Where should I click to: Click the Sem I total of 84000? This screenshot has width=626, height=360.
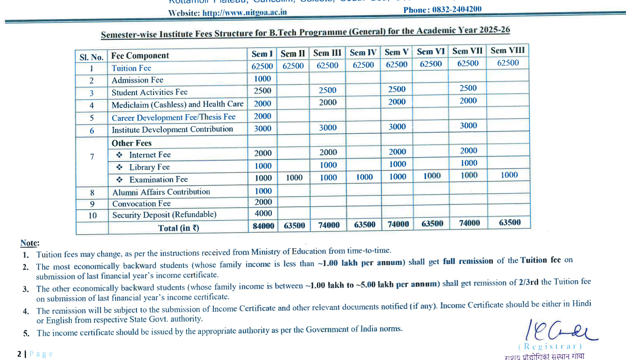pyautogui.click(x=263, y=226)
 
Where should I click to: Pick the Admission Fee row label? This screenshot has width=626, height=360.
pyautogui.click(x=137, y=80)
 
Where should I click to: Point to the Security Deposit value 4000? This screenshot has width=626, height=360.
pyautogui.click(x=263, y=213)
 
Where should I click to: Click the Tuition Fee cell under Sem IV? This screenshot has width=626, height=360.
pyautogui.click(x=363, y=65)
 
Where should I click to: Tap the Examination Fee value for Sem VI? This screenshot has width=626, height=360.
pyautogui.click(x=431, y=176)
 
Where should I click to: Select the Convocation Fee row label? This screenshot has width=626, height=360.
pyautogui.click(x=141, y=203)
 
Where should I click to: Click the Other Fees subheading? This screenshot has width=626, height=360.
pyautogui.click(x=132, y=143)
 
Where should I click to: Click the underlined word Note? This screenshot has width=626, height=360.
pyautogui.click(x=30, y=243)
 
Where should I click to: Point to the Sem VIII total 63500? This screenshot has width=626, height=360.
pyautogui.click(x=509, y=222)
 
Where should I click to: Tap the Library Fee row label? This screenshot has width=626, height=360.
pyautogui.click(x=149, y=167)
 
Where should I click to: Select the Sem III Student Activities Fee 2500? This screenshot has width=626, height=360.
pyautogui.click(x=327, y=90)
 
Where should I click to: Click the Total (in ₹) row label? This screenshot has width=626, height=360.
pyautogui.click(x=178, y=228)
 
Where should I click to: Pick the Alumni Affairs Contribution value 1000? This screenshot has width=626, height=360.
pyautogui.click(x=263, y=191)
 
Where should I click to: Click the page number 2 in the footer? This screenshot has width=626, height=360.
pyautogui.click(x=19, y=354)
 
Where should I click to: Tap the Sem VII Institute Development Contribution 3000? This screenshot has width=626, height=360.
pyautogui.click(x=468, y=126)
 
